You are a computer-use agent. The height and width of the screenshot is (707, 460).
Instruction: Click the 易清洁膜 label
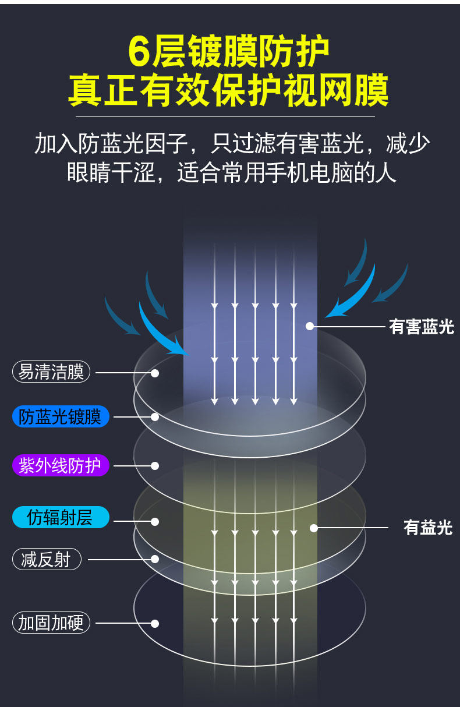click(x=51, y=372)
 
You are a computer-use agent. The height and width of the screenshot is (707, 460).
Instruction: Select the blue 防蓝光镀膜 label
click(x=61, y=417)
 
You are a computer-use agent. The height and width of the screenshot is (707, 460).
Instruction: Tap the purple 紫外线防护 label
click(x=61, y=465)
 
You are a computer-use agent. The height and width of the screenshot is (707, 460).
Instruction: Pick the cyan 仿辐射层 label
click(x=61, y=517)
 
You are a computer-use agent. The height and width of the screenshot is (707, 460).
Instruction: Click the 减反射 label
click(x=47, y=560)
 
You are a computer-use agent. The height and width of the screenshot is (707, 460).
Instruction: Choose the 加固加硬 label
click(x=51, y=623)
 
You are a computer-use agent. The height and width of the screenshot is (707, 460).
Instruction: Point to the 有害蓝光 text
click(x=421, y=327)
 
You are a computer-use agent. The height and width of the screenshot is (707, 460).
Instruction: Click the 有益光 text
click(x=428, y=528)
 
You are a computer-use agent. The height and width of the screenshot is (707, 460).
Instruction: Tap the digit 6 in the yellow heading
click(x=140, y=52)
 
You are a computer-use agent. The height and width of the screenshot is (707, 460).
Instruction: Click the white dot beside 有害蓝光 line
click(x=310, y=326)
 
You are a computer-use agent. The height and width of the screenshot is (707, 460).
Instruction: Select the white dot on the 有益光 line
click(x=314, y=528)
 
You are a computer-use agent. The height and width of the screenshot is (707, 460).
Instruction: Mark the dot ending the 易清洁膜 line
click(x=155, y=373)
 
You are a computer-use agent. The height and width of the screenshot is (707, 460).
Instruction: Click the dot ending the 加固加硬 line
click(x=155, y=623)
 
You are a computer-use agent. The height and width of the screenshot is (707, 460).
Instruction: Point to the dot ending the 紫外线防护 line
click(x=155, y=465)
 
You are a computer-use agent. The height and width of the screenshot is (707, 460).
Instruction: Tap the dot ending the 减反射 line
click(x=155, y=559)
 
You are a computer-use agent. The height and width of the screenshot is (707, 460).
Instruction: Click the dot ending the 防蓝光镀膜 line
click(x=155, y=417)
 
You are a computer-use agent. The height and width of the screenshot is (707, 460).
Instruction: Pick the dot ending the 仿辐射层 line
click(x=155, y=521)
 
